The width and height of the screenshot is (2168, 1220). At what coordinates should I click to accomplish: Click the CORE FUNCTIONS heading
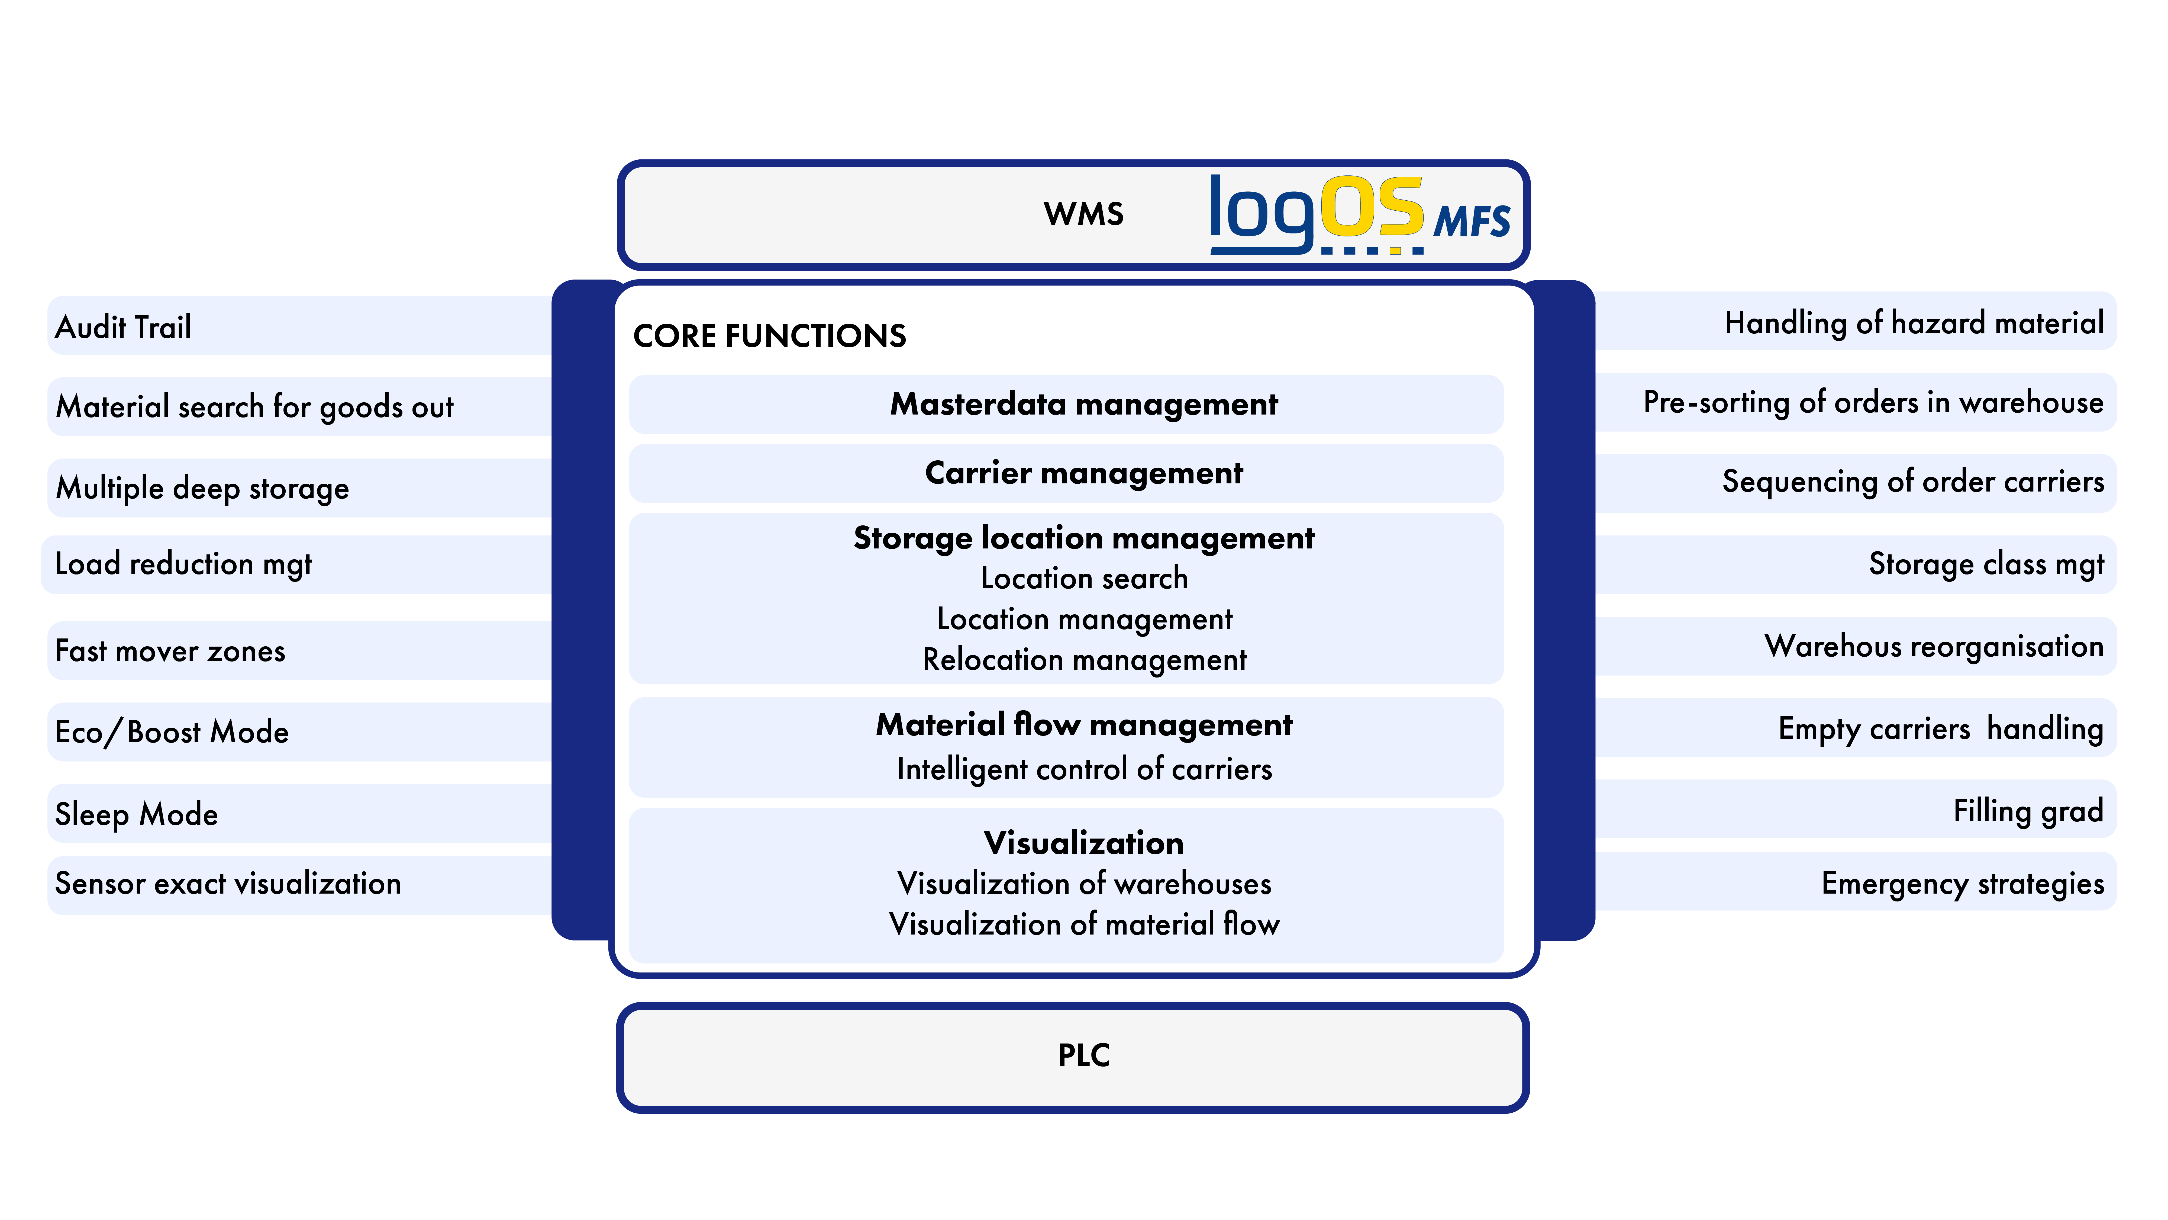pyautogui.click(x=769, y=336)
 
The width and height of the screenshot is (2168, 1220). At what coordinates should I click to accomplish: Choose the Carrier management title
pyautogui.click(x=1084, y=473)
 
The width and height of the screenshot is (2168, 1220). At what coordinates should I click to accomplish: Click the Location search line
pyautogui.click(x=1084, y=579)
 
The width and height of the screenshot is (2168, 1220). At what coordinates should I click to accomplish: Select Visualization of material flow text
pyautogui.click(x=1084, y=924)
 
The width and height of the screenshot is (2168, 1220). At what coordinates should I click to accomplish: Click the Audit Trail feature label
pyautogui.click(x=123, y=327)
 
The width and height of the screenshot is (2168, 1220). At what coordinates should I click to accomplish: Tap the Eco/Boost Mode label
pyautogui.click(x=172, y=732)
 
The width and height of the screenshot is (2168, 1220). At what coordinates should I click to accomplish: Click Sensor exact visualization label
pyautogui.click(x=228, y=883)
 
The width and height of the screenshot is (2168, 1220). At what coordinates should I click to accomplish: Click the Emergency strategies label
pyautogui.click(x=1963, y=884)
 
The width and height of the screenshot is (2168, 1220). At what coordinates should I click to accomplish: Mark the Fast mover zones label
pyautogui.click(x=170, y=651)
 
